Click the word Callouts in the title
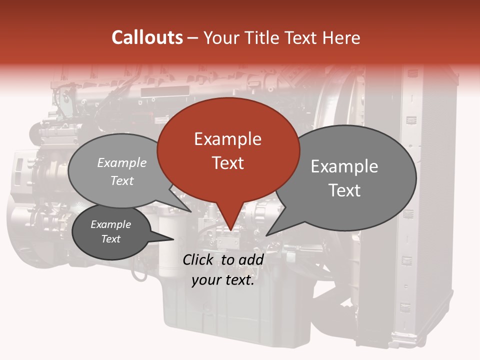point(147,37)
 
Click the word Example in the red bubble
point(227,139)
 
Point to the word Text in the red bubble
point(227,163)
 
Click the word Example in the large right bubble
point(344,166)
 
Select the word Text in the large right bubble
point(344,190)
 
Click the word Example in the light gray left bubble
point(122,162)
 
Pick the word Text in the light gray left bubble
point(122,180)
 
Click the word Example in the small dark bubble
point(110,224)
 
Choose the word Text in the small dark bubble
point(110,239)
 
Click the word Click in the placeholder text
point(199,259)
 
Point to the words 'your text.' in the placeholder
point(223,280)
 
